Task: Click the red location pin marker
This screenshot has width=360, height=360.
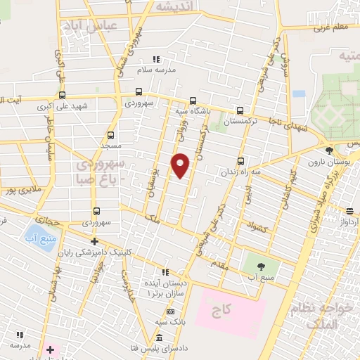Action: tap(181, 165)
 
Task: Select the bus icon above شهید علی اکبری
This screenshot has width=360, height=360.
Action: tap(63, 96)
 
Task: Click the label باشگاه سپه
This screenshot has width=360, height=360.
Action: tap(191, 111)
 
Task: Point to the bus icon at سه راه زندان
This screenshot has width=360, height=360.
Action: tap(241, 161)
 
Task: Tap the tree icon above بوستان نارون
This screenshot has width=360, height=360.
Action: tap(330, 150)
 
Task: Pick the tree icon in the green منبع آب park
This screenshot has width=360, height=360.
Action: tap(262, 266)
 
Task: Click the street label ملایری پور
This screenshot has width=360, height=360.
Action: tap(18, 190)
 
